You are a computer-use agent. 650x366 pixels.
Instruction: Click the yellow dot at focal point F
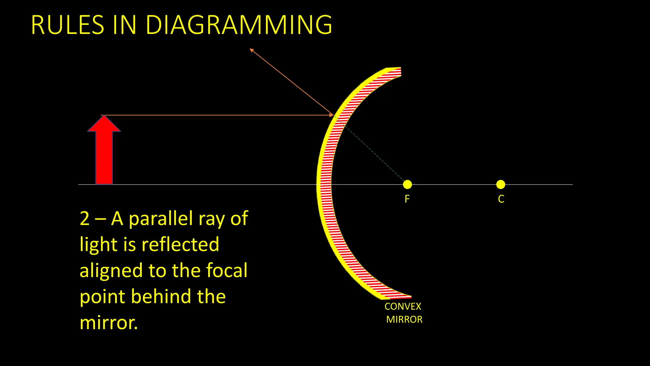[x=407, y=184]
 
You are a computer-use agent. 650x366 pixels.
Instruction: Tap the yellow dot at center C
[x=501, y=184]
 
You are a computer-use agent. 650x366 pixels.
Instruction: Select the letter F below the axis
[x=407, y=199]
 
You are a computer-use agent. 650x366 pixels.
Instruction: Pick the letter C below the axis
[x=501, y=199]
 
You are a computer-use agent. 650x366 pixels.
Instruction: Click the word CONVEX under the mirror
[x=403, y=307]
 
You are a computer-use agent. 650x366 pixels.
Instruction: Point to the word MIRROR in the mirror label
[x=404, y=320]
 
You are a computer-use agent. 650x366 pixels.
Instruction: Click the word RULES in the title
[x=68, y=25]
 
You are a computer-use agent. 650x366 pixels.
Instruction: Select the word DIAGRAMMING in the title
[x=239, y=25]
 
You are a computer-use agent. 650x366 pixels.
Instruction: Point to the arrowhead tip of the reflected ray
[x=251, y=49]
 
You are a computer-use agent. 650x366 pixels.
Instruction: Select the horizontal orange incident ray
[x=216, y=115]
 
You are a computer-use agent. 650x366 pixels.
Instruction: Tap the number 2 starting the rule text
[x=85, y=219]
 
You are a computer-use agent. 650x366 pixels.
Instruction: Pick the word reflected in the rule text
[x=180, y=245]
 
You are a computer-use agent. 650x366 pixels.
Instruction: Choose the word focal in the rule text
[x=227, y=271]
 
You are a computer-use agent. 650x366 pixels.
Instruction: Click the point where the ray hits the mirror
[x=333, y=115]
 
